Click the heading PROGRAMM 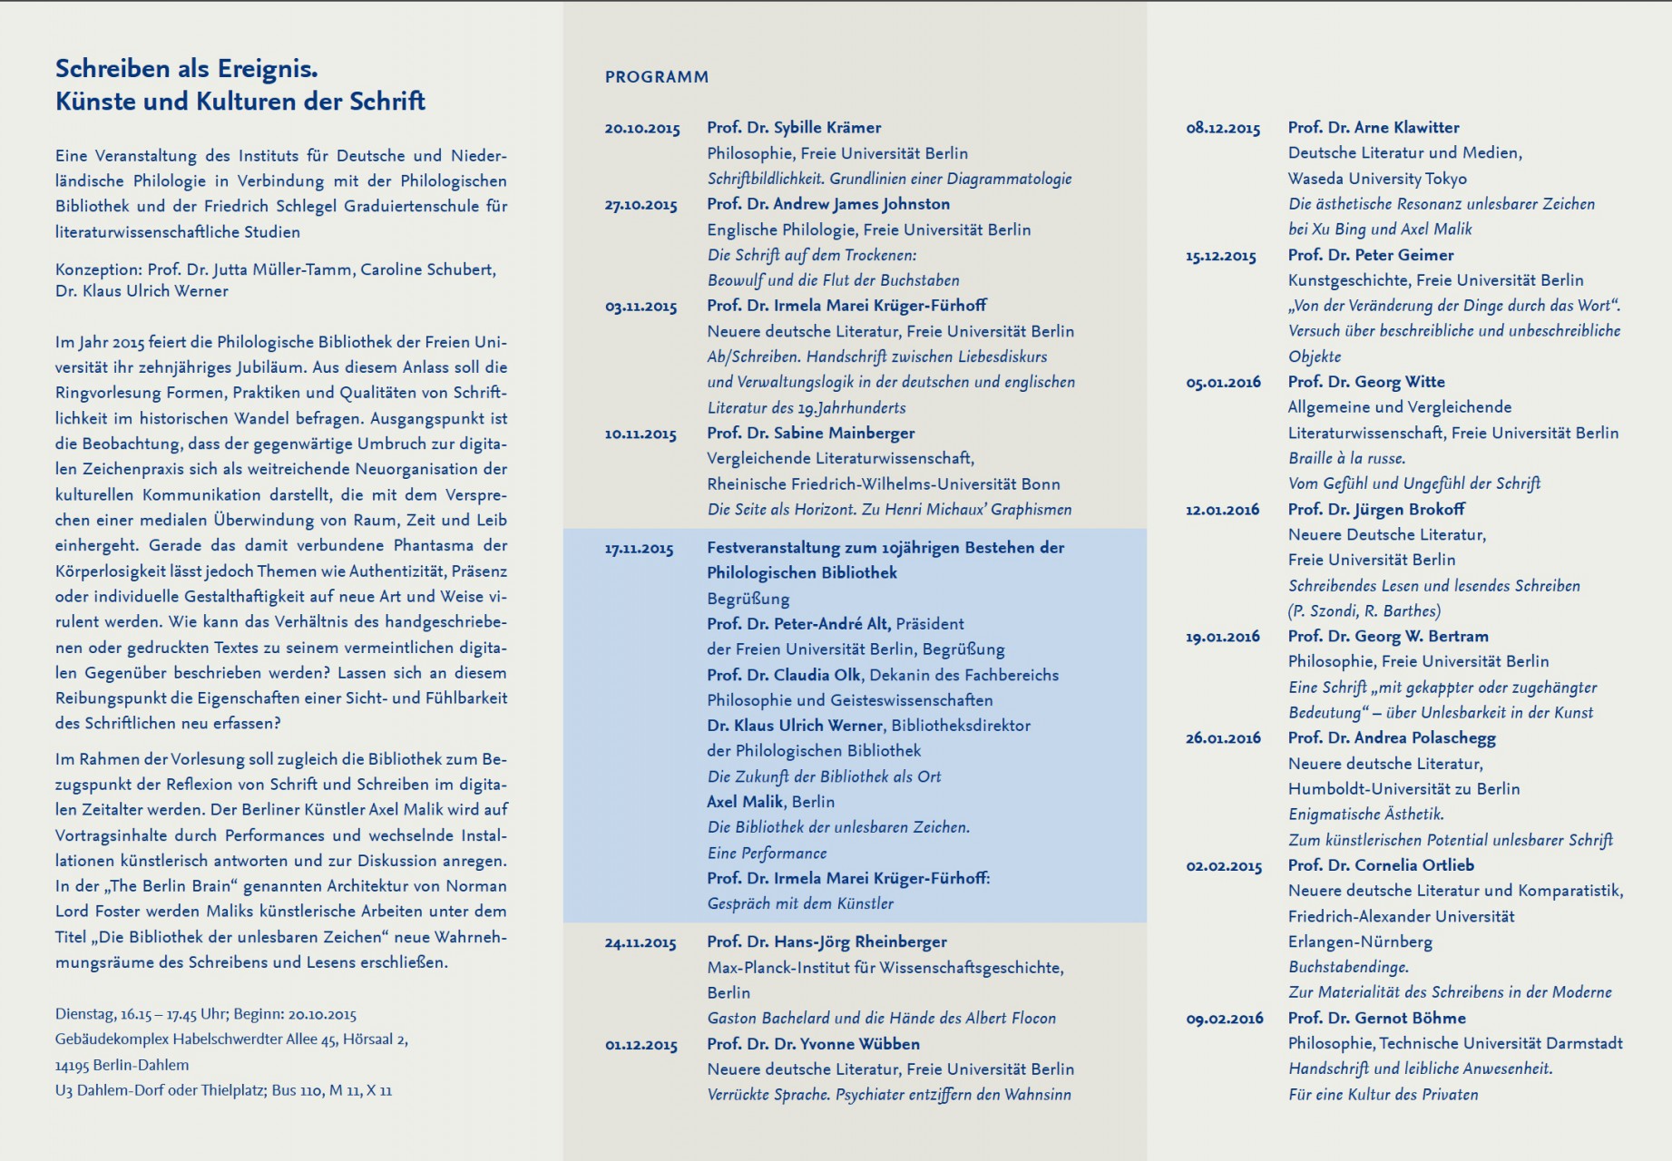656,77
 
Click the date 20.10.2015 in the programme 642,129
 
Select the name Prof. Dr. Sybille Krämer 794,128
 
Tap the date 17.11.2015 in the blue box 640,549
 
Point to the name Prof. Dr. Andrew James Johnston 828,204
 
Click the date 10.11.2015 640,434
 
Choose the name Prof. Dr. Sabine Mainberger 810,434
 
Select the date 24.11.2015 640,943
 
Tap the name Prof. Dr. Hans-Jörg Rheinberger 826,942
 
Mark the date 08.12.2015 1223,129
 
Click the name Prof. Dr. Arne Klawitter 1374,128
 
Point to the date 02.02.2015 1224,866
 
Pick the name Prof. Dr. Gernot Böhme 1376,1019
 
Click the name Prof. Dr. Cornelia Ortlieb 1381,865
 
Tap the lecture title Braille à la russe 1347,458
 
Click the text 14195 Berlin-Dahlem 122,1065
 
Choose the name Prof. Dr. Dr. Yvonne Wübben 813,1044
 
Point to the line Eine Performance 767,854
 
